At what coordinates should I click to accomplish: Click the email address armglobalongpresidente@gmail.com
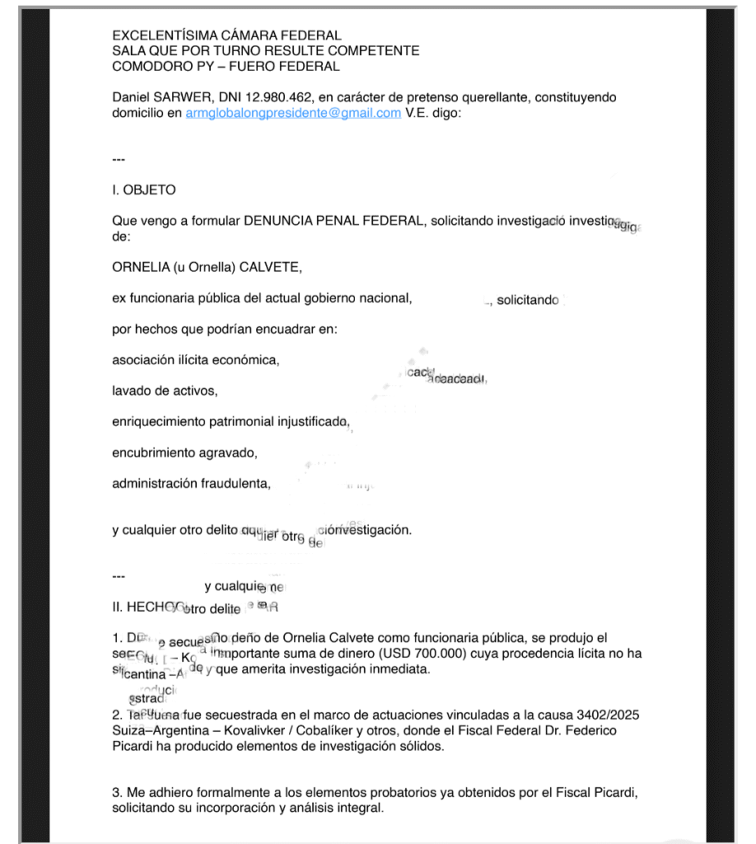pyautogui.click(x=293, y=113)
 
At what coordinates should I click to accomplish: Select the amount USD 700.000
pyautogui.click(x=420, y=654)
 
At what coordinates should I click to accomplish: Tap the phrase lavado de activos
pyautogui.click(x=165, y=391)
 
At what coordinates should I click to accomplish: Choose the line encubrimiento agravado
pyautogui.click(x=184, y=452)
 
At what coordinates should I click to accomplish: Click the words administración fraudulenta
pyautogui.click(x=191, y=484)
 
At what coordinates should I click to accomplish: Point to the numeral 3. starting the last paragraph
pyautogui.click(x=117, y=793)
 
